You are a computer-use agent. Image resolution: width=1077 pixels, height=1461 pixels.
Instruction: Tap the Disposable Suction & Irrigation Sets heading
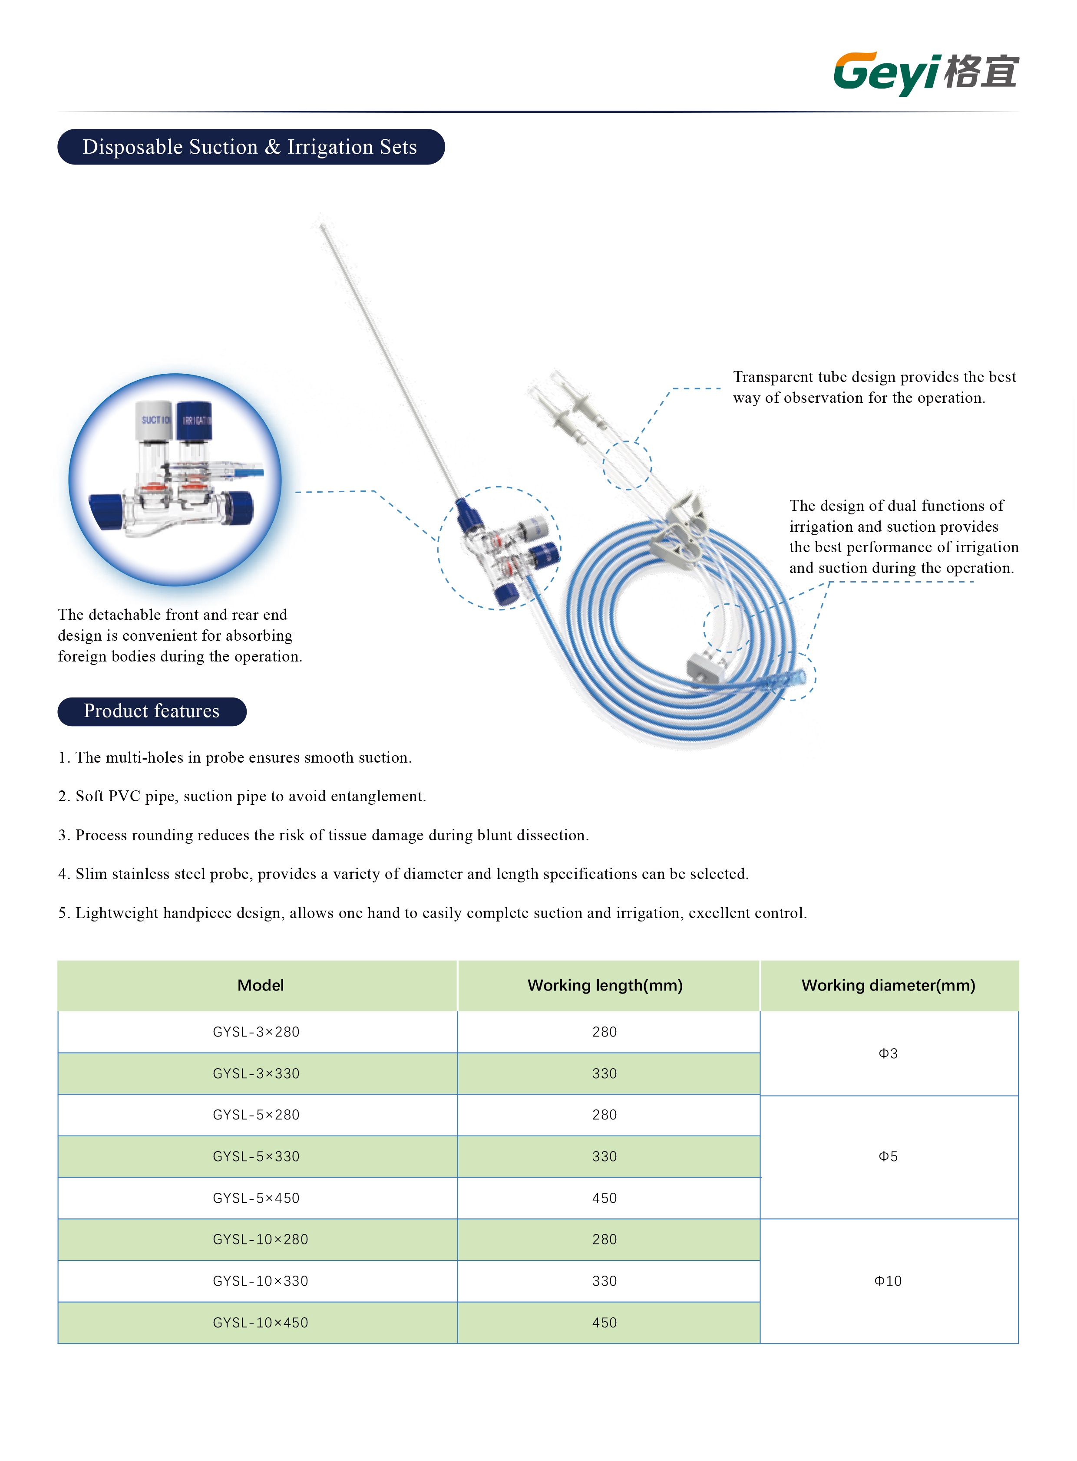click(250, 147)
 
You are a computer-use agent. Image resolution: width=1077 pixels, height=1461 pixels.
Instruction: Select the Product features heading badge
click(152, 711)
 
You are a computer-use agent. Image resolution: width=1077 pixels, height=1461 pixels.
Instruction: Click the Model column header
click(260, 985)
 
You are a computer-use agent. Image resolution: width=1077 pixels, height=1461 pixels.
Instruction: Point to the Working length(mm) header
click(605, 985)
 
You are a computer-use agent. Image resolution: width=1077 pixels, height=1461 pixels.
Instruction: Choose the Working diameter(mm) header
click(888, 985)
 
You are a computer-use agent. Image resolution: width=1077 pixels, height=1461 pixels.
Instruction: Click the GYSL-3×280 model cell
click(256, 1032)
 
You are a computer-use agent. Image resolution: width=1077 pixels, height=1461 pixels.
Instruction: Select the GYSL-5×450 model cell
click(256, 1198)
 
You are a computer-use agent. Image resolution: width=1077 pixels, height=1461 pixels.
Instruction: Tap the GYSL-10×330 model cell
click(260, 1280)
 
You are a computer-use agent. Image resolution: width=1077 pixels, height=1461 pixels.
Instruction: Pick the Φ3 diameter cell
click(888, 1053)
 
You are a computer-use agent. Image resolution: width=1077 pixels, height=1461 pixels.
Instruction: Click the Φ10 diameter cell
click(888, 1280)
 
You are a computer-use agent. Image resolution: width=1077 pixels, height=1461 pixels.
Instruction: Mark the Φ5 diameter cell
click(888, 1156)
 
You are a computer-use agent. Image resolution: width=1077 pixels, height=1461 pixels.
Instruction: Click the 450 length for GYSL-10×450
click(605, 1322)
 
